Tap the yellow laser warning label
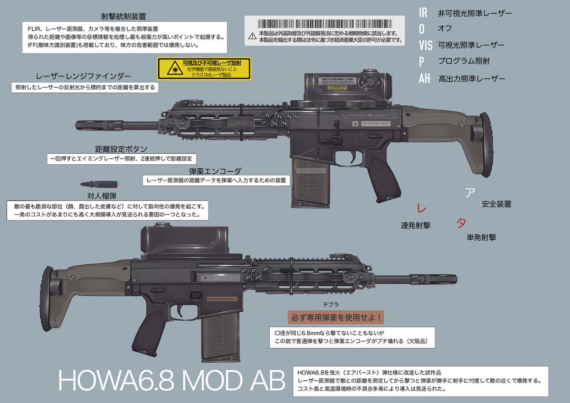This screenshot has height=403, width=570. click(203, 69)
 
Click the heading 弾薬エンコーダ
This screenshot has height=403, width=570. click(215, 170)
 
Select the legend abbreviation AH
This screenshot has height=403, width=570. click(424, 78)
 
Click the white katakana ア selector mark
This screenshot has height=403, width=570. click(469, 192)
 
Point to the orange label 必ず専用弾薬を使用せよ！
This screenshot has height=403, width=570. click(335, 316)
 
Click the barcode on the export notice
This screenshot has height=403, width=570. click(325, 23)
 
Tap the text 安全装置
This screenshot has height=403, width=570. click(496, 204)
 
